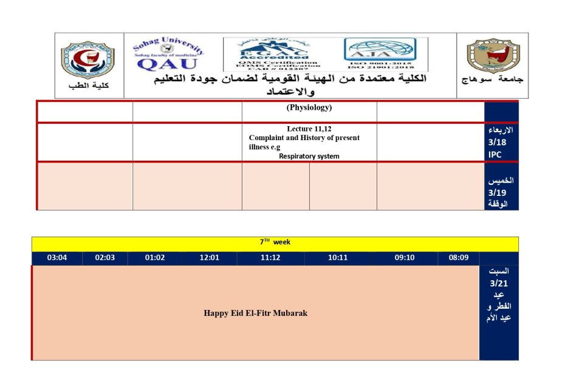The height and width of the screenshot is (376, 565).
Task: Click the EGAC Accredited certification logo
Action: coord(278,55)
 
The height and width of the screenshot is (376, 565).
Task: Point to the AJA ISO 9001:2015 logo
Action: coord(380,53)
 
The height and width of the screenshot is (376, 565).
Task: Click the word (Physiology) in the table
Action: coord(309,108)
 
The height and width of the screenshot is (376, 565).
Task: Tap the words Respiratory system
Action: coord(309,156)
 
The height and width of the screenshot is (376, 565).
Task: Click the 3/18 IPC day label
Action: coord(501,143)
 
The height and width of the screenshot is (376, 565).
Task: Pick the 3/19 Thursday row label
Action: coord(501,192)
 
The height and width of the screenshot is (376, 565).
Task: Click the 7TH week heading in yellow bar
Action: coord(275,243)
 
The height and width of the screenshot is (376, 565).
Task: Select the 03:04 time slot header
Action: coord(56,258)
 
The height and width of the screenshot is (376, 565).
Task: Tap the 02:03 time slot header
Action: coord(104,258)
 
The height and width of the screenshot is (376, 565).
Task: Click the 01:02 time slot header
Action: coord(155,258)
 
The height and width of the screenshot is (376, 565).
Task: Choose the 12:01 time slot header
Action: coord(210,258)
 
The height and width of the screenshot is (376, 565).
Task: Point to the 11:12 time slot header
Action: coord(270,258)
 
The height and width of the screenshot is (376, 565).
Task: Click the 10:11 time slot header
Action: coord(337,258)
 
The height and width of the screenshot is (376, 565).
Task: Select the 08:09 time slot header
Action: coord(459,258)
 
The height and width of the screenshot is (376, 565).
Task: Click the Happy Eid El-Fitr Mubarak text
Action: coord(255,313)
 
